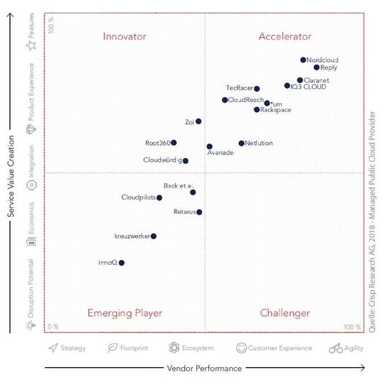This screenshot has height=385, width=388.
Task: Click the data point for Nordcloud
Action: click(303, 60)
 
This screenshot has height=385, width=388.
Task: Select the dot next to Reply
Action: click(316, 68)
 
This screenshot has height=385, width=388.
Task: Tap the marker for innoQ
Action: click(121, 263)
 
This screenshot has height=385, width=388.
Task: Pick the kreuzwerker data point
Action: click(154, 236)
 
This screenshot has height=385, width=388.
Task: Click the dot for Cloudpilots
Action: click(160, 198)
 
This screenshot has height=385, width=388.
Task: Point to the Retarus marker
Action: click(199, 212)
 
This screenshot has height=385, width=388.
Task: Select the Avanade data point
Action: click(209, 147)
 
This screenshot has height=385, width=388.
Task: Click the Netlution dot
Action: click(241, 143)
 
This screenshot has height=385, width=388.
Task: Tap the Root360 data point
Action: click(174, 143)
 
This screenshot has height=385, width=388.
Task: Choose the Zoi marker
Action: click(198, 121)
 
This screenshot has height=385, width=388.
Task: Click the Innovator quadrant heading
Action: click(124, 36)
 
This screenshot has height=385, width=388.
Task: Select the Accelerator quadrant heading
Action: click(285, 36)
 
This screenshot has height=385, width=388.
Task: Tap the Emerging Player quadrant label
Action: click(124, 313)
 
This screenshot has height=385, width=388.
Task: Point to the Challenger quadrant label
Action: click(285, 313)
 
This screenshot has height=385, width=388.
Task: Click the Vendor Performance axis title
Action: click(204, 368)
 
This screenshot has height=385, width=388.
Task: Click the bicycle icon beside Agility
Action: click(336, 348)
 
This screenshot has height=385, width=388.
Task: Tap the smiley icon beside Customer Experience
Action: click(241, 348)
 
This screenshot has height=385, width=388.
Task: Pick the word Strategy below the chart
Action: click(73, 348)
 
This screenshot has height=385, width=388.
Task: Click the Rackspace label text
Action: click(277, 110)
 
